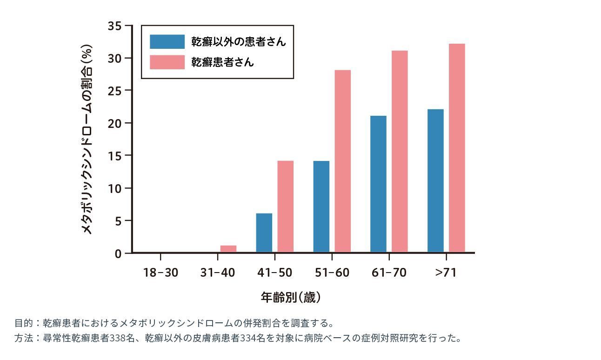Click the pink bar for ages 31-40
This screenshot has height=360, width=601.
tap(228, 249)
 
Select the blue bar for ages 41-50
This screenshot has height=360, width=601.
tap(264, 233)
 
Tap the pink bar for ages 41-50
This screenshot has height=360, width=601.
tap(285, 207)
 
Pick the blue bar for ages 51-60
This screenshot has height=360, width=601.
tap(321, 207)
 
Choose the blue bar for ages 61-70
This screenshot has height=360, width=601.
tap(378, 184)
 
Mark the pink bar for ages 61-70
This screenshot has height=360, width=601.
tap(400, 152)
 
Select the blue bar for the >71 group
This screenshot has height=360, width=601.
tap(435, 181)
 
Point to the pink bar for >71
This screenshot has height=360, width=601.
tap(457, 148)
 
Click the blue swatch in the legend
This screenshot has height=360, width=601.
tap(167, 42)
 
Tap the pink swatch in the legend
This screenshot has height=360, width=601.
tap(167, 62)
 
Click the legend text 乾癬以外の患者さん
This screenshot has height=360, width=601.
tap(239, 42)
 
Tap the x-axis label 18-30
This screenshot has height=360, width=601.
tap(160, 273)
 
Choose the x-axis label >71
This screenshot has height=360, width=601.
tap(446, 273)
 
